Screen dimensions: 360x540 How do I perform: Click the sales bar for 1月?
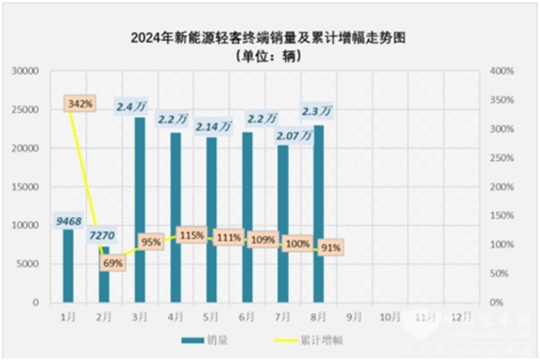[x=67, y=265]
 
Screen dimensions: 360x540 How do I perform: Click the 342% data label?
[x=80, y=105]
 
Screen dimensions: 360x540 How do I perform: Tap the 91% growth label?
[x=330, y=247]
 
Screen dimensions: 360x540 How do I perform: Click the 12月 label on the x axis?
[x=459, y=317]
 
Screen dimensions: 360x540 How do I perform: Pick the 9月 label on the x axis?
[x=354, y=317]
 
